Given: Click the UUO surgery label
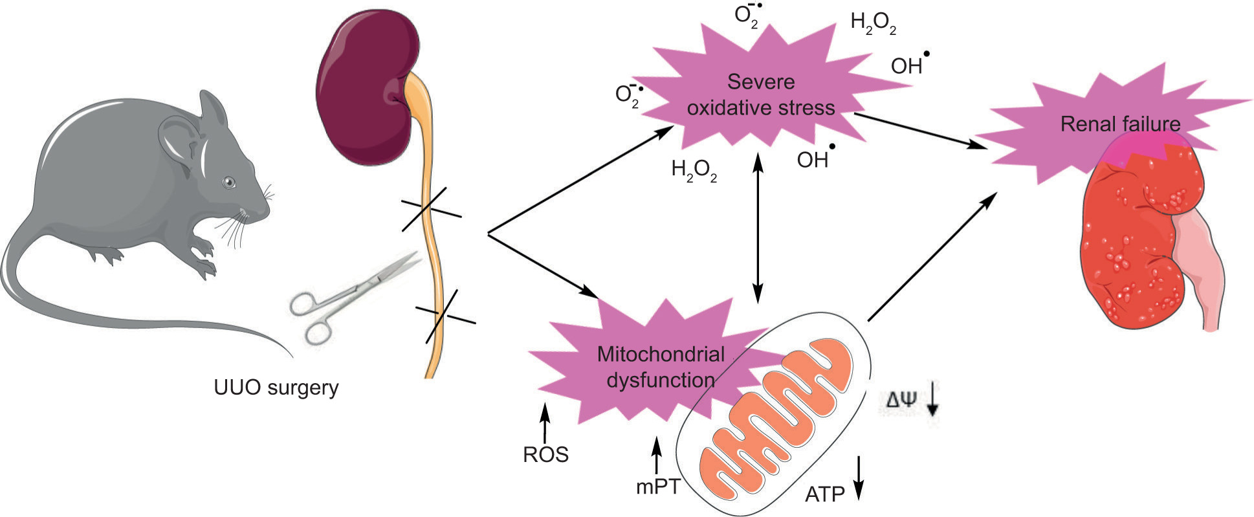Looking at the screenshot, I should pyautogui.click(x=276, y=388).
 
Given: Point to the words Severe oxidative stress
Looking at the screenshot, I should pyautogui.click(x=761, y=94).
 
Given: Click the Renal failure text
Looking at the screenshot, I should pyautogui.click(x=1120, y=124).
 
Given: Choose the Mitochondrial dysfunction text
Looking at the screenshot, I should pyautogui.click(x=661, y=367).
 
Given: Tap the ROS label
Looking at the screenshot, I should pyautogui.click(x=545, y=455).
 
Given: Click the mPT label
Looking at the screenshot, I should pyautogui.click(x=658, y=487).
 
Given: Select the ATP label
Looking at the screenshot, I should pyautogui.click(x=825, y=495).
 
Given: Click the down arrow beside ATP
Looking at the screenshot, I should pyautogui.click(x=859, y=478).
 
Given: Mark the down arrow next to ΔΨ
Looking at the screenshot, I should pyautogui.click(x=932, y=399).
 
